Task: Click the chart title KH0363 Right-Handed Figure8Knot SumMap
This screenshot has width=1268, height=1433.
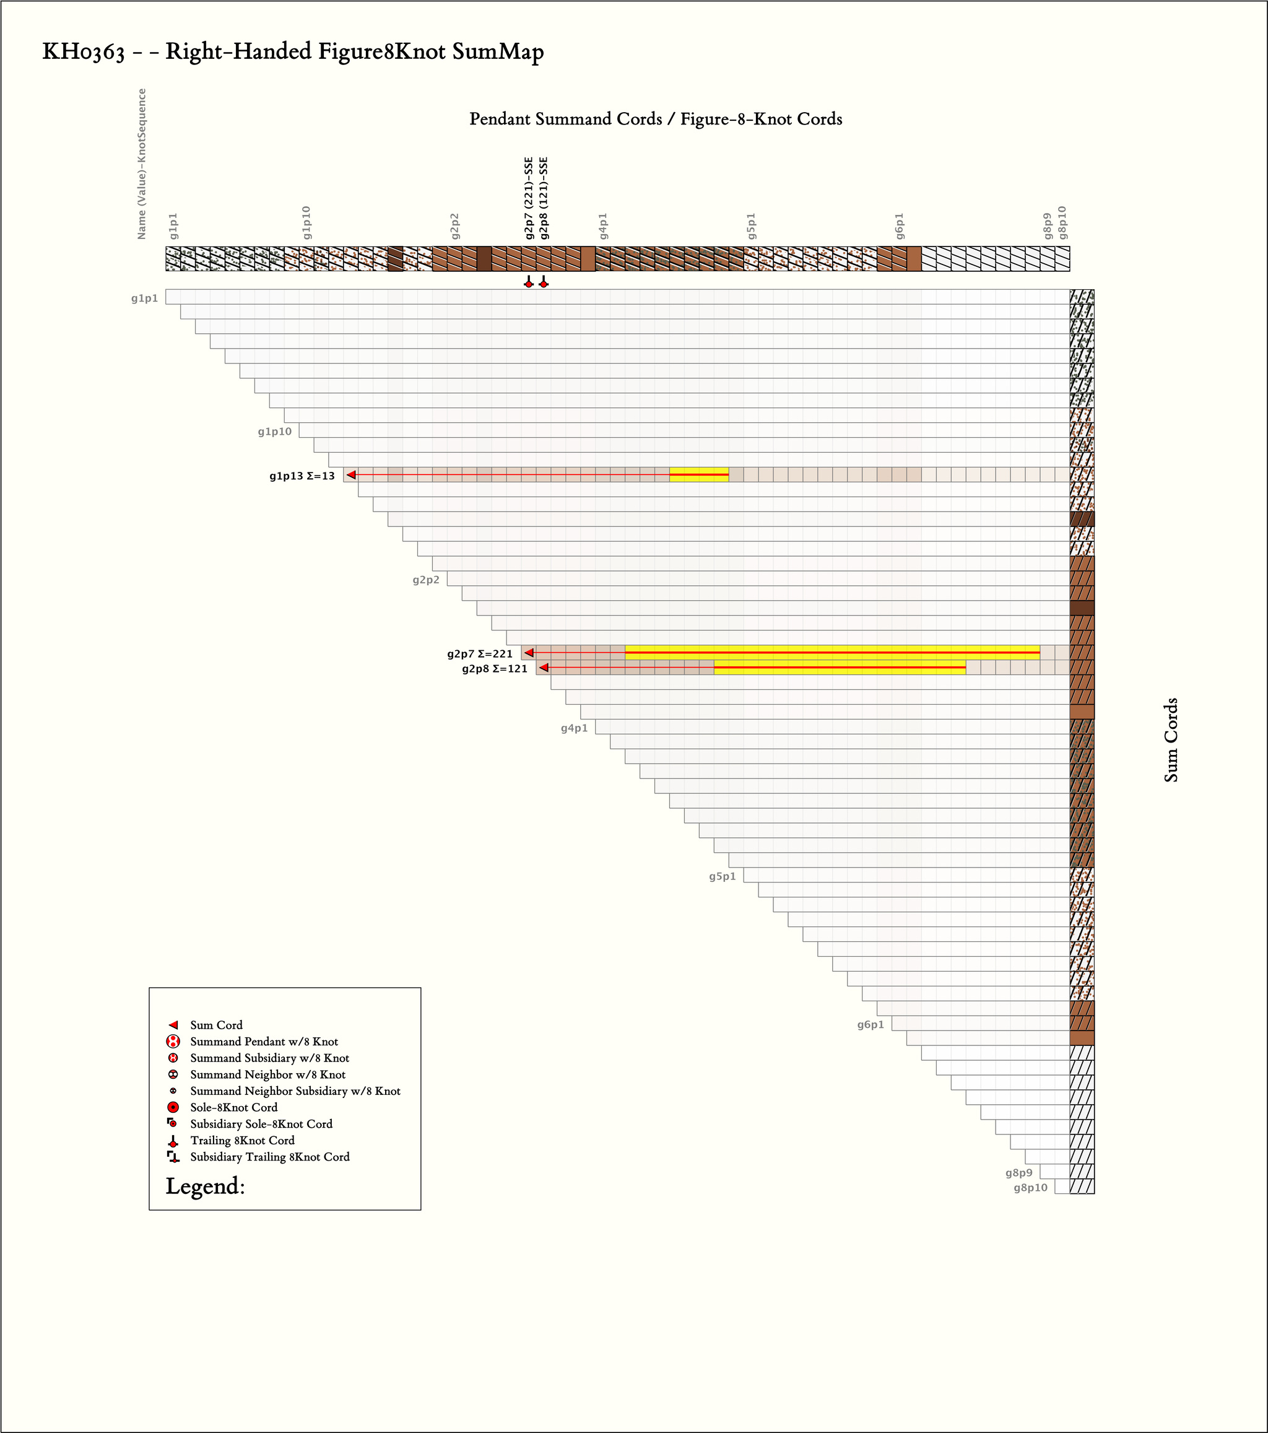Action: pyautogui.click(x=293, y=52)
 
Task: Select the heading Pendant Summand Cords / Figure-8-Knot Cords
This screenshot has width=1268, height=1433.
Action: pyautogui.click(x=656, y=118)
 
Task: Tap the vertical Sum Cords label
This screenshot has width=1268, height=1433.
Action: pyautogui.click(x=1171, y=739)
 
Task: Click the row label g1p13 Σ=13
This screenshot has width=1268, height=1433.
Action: pyautogui.click(x=302, y=476)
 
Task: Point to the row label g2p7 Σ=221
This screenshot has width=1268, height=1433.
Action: pyautogui.click(x=480, y=654)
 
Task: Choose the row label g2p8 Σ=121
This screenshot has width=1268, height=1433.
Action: pyautogui.click(x=495, y=669)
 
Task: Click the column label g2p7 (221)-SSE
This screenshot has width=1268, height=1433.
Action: pyautogui.click(x=529, y=198)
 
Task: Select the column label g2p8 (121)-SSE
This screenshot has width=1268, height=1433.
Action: pyautogui.click(x=544, y=198)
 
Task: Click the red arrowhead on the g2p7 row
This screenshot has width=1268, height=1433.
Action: pyautogui.click(x=529, y=653)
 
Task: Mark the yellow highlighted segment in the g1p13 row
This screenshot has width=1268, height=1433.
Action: pyautogui.click(x=699, y=474)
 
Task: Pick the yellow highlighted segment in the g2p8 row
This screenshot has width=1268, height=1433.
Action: pyautogui.click(x=840, y=668)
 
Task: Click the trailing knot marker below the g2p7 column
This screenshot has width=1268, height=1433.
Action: pyautogui.click(x=529, y=282)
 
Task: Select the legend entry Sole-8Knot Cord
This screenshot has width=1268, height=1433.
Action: pyautogui.click(x=233, y=1107)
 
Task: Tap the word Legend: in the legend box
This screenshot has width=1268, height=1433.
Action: pyautogui.click(x=206, y=1187)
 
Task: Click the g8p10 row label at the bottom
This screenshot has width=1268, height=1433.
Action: pyautogui.click(x=1030, y=1188)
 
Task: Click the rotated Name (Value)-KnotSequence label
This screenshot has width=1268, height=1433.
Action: pyautogui.click(x=142, y=164)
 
